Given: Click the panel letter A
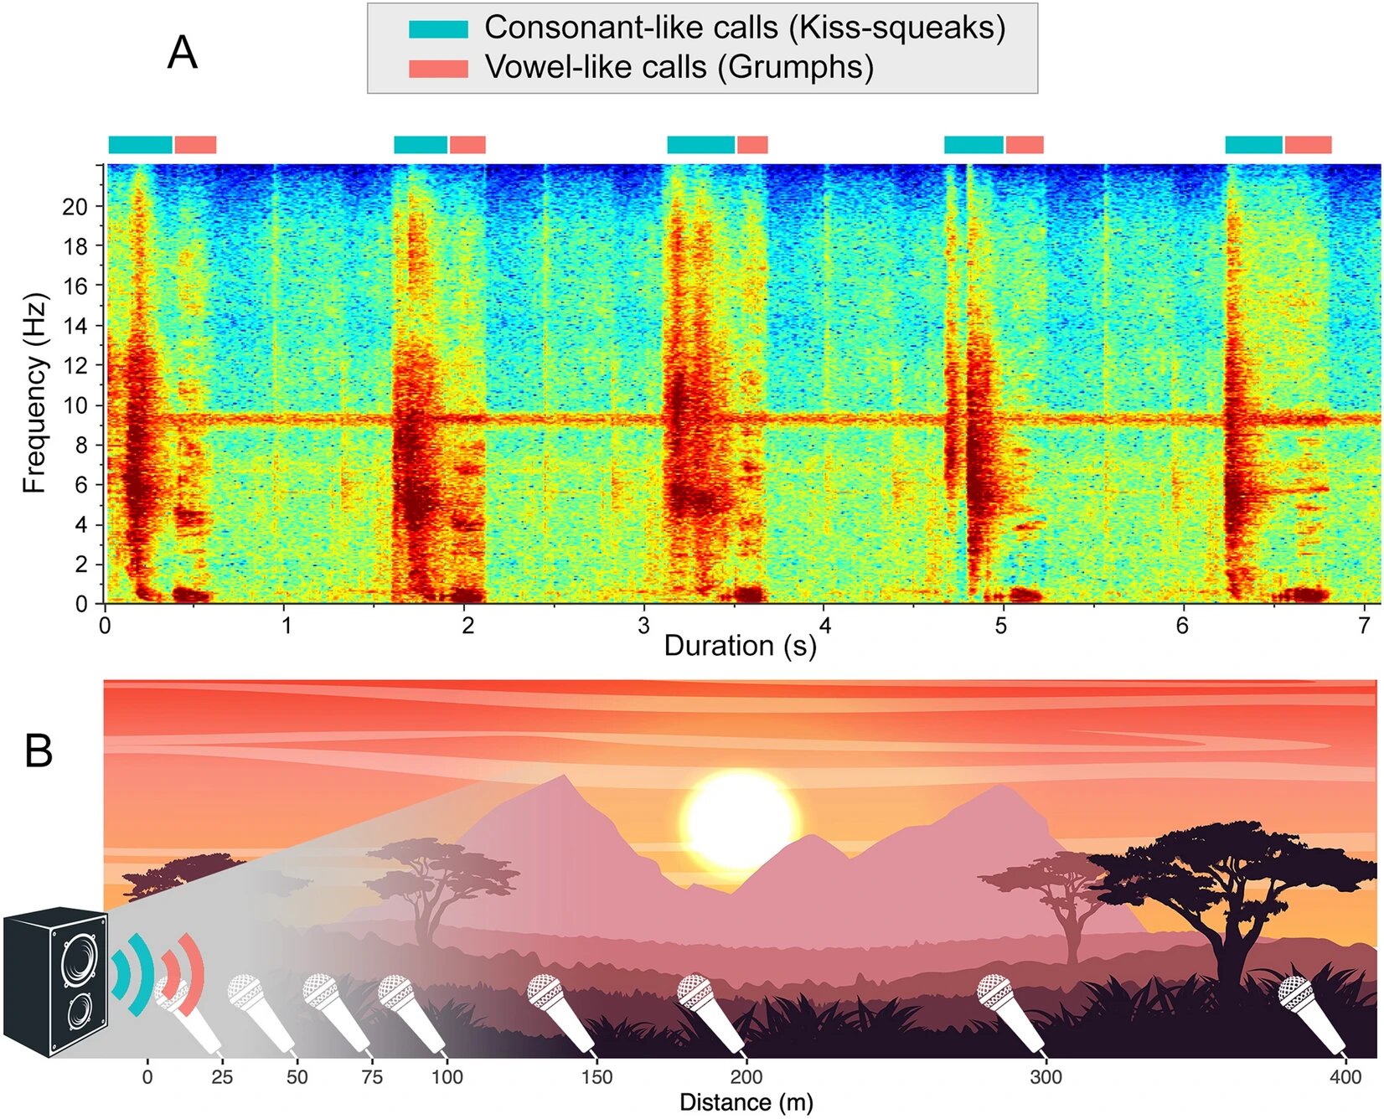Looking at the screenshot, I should [x=183, y=54].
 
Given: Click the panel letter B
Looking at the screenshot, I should [x=39, y=750].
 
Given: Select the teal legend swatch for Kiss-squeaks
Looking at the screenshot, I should [x=438, y=29].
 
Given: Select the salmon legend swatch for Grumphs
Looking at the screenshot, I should [x=438, y=69].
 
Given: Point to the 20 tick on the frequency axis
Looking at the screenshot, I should [x=75, y=207].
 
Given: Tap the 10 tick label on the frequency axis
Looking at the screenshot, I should [x=75, y=406].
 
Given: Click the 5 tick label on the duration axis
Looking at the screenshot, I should [x=1001, y=626].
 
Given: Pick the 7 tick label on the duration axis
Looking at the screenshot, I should [x=1364, y=626].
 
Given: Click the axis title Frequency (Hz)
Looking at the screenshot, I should [x=34, y=394].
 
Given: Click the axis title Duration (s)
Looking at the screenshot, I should [x=740, y=646].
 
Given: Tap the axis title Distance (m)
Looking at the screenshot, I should [x=746, y=1102].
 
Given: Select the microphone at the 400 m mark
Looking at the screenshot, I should [x=1311, y=1013].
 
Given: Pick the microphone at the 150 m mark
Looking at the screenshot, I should [x=560, y=1013].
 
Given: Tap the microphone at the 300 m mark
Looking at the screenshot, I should [x=1010, y=1013].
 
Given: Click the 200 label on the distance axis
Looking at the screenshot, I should [x=746, y=1077].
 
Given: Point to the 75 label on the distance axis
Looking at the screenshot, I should [x=372, y=1077].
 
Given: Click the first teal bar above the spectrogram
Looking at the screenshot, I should [x=140, y=145].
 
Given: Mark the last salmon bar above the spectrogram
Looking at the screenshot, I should [x=1308, y=145].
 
